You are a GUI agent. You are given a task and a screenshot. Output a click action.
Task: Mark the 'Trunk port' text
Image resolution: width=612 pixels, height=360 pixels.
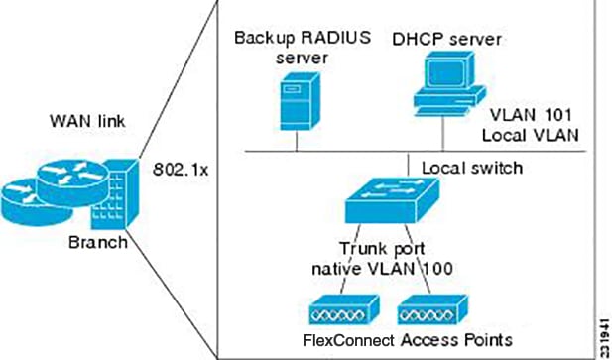[x=383, y=248]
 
